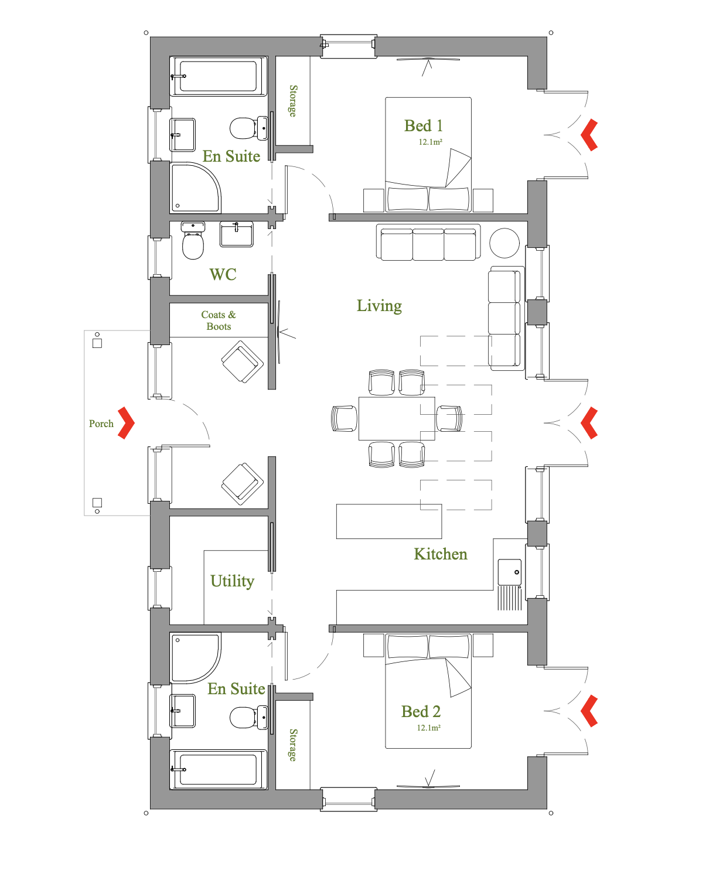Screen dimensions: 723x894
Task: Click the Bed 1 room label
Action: [x=423, y=125]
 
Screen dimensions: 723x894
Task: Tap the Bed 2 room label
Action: [x=421, y=711]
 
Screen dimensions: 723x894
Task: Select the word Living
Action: [x=379, y=306]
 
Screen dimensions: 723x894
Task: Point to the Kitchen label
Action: [x=440, y=554]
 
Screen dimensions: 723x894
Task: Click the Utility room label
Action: [x=232, y=581]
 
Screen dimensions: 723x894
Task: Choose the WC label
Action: [x=223, y=274]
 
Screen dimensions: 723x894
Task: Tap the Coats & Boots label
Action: [x=218, y=320]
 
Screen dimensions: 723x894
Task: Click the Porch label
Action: [x=101, y=424]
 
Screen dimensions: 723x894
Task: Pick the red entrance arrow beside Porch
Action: [x=127, y=422]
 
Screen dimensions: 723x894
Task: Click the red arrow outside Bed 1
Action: [x=589, y=135]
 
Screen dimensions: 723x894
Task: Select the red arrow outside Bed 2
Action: [x=589, y=711]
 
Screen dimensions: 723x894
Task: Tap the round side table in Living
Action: [x=504, y=243]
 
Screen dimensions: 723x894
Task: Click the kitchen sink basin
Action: [x=509, y=572]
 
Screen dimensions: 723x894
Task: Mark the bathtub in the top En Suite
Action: [x=218, y=76]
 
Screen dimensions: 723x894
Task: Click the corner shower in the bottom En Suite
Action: [x=195, y=658]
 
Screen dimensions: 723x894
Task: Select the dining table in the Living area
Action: [x=397, y=418]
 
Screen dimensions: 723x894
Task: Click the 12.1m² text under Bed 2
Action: [x=428, y=728]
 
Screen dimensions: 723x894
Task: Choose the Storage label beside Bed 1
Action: [x=293, y=101]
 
